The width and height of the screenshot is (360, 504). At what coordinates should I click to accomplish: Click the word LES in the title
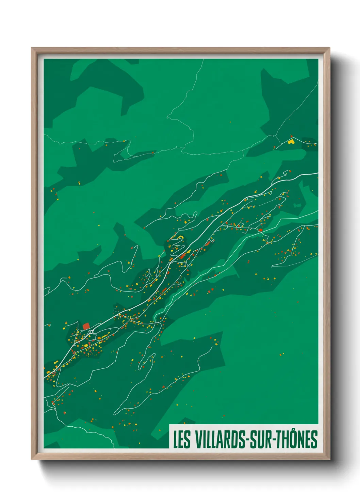(x=182, y=440)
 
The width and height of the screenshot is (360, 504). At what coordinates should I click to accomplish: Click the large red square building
(x=86, y=326)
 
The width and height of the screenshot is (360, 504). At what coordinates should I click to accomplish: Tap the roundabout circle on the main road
(x=91, y=332)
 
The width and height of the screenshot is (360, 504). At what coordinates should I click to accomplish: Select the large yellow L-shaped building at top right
(x=291, y=141)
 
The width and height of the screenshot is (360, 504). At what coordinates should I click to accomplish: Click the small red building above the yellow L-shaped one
(x=291, y=136)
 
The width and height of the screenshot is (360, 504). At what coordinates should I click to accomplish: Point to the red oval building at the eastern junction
(x=260, y=230)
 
